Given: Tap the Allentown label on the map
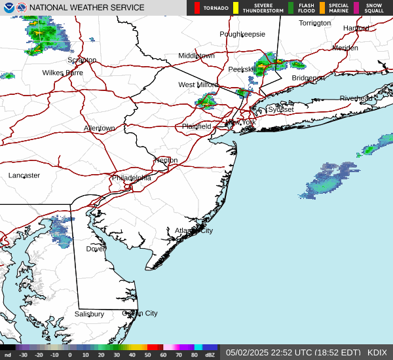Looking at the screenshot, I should [99, 128].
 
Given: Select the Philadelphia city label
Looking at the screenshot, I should [131, 177].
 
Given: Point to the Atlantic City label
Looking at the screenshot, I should [193, 230].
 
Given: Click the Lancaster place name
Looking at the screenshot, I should [24, 175].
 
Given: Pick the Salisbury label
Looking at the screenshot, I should [89, 314].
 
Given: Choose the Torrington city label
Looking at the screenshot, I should [315, 23].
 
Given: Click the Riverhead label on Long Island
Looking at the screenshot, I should [356, 98].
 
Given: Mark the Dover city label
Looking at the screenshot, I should [96, 249].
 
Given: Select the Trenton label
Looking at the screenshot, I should [165, 160].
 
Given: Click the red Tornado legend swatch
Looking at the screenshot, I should [197, 8].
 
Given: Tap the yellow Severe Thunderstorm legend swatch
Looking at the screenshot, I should [236, 8].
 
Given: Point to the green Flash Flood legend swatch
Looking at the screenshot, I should [291, 8].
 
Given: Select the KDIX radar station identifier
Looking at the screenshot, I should [377, 352].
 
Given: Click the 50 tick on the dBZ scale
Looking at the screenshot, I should [149, 355].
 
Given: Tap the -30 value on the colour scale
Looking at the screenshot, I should [24, 355].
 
